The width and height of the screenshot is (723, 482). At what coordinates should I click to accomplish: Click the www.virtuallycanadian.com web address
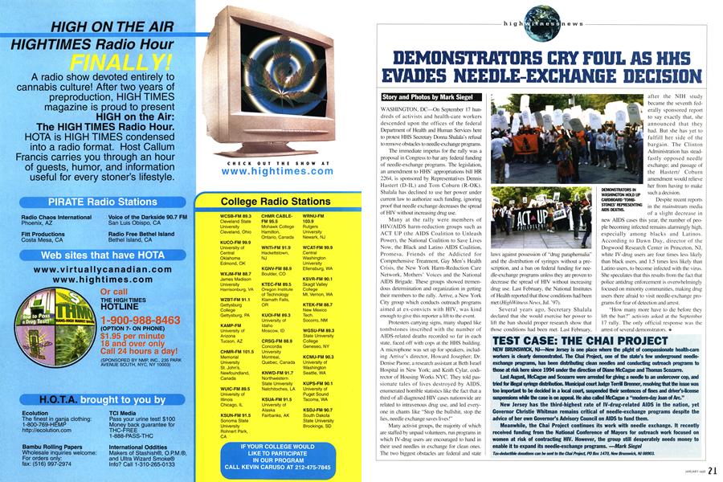coord(100,263)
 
